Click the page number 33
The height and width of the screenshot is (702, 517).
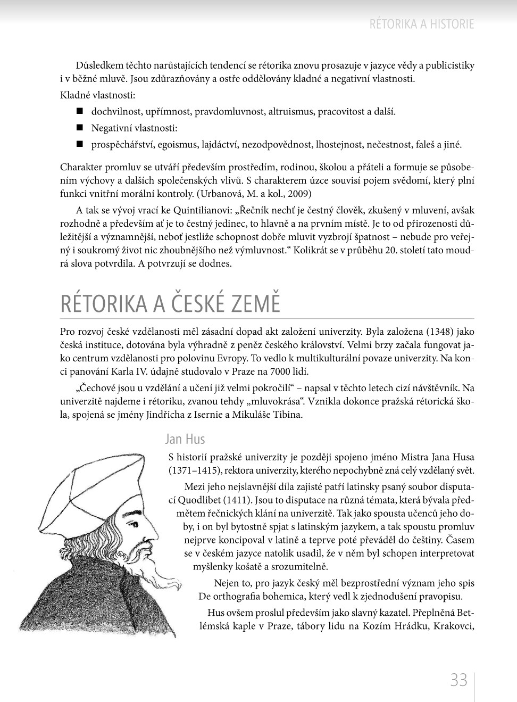click(458, 680)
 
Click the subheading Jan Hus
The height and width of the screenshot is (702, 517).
click(185, 439)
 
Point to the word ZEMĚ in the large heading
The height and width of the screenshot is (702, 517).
click(254, 303)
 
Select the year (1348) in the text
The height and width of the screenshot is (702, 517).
click(440, 331)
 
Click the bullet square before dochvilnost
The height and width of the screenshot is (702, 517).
click(80, 111)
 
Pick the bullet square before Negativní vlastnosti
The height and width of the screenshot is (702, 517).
click(80, 128)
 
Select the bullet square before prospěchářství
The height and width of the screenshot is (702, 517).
click(80, 144)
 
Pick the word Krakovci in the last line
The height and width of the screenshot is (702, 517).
click(454, 626)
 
